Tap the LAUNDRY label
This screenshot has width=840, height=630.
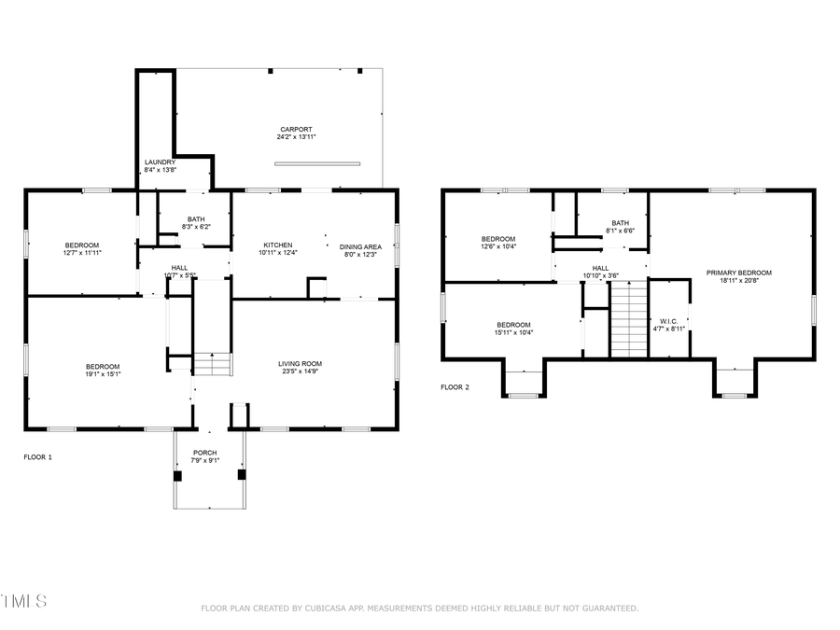[x=160, y=161]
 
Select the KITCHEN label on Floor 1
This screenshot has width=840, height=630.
[x=277, y=245]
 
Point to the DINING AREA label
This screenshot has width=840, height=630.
[x=360, y=246]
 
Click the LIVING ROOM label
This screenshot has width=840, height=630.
[x=300, y=363]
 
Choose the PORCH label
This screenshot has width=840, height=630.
[x=204, y=453]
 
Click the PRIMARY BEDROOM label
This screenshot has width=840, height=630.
[x=738, y=273]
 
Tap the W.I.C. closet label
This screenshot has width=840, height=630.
[x=668, y=321]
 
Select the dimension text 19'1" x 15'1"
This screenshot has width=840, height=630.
[x=103, y=373]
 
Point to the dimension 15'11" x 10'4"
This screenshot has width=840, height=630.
[x=513, y=332]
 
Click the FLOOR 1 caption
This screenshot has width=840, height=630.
[x=38, y=457]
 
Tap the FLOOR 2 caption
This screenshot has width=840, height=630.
[x=455, y=386]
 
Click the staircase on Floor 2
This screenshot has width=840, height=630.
[x=628, y=319]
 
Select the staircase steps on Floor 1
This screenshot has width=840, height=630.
[x=213, y=364]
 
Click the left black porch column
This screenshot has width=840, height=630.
[x=176, y=474]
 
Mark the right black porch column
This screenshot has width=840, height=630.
[x=242, y=474]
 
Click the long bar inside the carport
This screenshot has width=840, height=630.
[x=317, y=164]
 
